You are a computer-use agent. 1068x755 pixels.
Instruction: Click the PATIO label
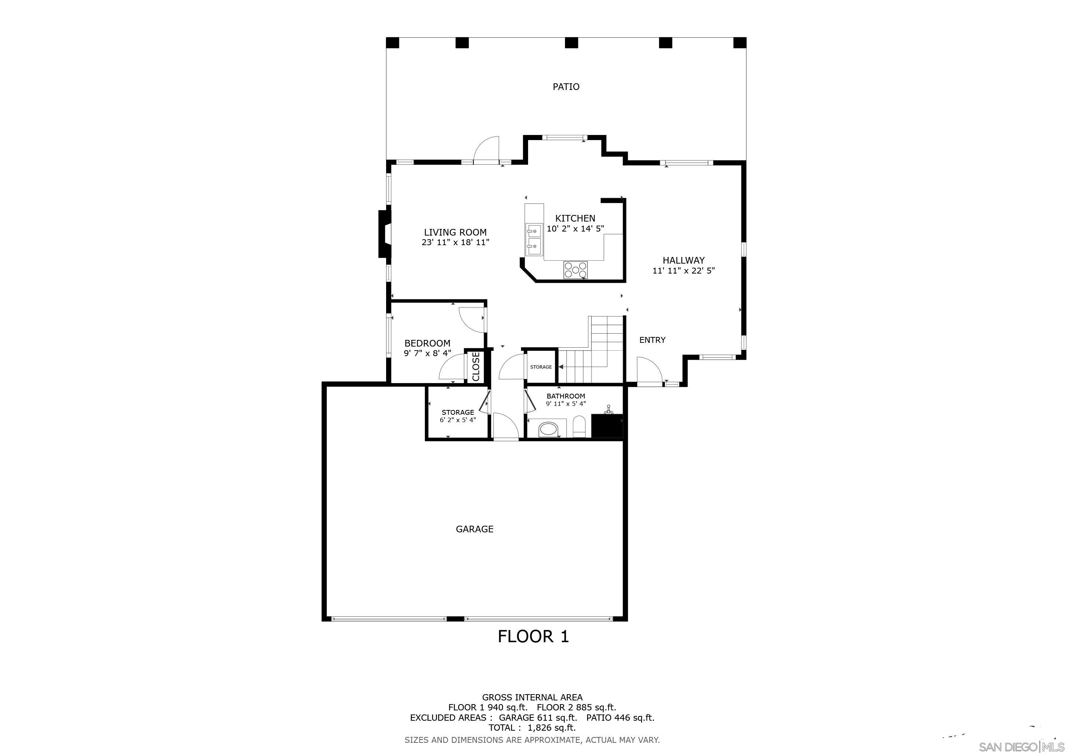point(566,87)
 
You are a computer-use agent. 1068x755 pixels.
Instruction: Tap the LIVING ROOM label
point(455,233)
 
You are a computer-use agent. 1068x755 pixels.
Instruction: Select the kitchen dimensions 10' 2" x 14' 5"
point(575,229)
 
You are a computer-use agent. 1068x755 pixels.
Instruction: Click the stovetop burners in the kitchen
point(575,269)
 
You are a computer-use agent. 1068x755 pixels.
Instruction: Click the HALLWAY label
point(683,260)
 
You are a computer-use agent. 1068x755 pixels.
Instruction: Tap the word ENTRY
point(652,340)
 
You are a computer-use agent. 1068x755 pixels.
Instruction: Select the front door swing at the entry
point(649,371)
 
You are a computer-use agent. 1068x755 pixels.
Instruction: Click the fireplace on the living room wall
point(385,234)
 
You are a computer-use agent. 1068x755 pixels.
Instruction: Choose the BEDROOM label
point(427,343)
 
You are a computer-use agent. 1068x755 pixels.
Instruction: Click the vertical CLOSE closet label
point(476,366)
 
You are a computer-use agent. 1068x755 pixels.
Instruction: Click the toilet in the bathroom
point(579,427)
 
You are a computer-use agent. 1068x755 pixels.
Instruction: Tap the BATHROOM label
point(566,396)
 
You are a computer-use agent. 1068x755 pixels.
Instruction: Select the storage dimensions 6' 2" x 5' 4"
point(458,420)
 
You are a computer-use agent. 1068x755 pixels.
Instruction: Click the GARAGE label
point(475,529)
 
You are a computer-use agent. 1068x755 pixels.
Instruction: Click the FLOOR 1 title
point(533,636)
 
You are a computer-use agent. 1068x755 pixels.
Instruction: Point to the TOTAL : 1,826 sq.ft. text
point(532,728)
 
